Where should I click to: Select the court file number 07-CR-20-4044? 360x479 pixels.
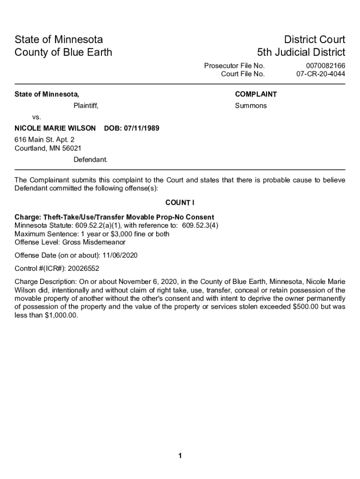(x=321, y=74)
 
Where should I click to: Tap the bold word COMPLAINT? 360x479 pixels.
(x=256, y=94)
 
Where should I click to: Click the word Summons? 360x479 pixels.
(x=251, y=106)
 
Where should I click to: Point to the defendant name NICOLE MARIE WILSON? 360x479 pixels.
(x=55, y=128)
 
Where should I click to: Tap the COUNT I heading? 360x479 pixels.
(x=180, y=203)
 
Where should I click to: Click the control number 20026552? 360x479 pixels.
(x=83, y=269)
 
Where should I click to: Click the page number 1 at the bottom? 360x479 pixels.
(x=180, y=456)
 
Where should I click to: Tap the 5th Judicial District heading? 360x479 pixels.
(x=301, y=52)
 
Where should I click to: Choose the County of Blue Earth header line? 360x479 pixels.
(x=63, y=52)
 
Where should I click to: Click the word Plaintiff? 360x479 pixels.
(x=86, y=106)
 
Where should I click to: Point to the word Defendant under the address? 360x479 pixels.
(x=90, y=160)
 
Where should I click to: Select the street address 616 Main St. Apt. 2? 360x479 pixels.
(x=44, y=139)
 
